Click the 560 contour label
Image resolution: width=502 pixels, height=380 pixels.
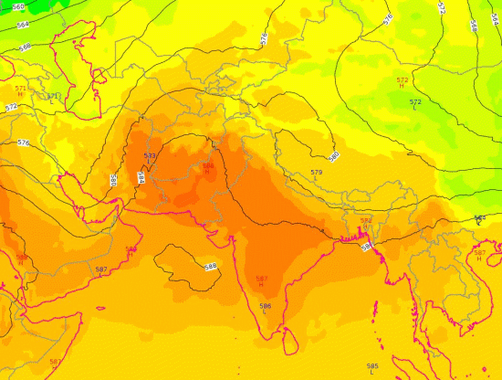click(19, 6)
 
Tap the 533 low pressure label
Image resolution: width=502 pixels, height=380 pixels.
click(150, 159)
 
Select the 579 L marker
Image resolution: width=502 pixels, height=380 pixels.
click(317, 174)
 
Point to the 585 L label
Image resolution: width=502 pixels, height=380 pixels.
click(372, 368)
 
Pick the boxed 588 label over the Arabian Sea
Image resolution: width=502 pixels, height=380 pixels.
click(211, 266)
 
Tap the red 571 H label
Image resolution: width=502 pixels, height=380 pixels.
click(20, 90)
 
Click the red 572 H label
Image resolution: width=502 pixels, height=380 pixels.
click(403, 82)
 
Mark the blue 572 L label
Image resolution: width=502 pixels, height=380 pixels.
click(415, 103)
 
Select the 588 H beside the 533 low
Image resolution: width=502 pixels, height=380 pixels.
click(208, 168)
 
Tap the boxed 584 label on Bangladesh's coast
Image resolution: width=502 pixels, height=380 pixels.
click(367, 247)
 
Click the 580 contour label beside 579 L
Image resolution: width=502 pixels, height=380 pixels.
click(334, 156)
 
